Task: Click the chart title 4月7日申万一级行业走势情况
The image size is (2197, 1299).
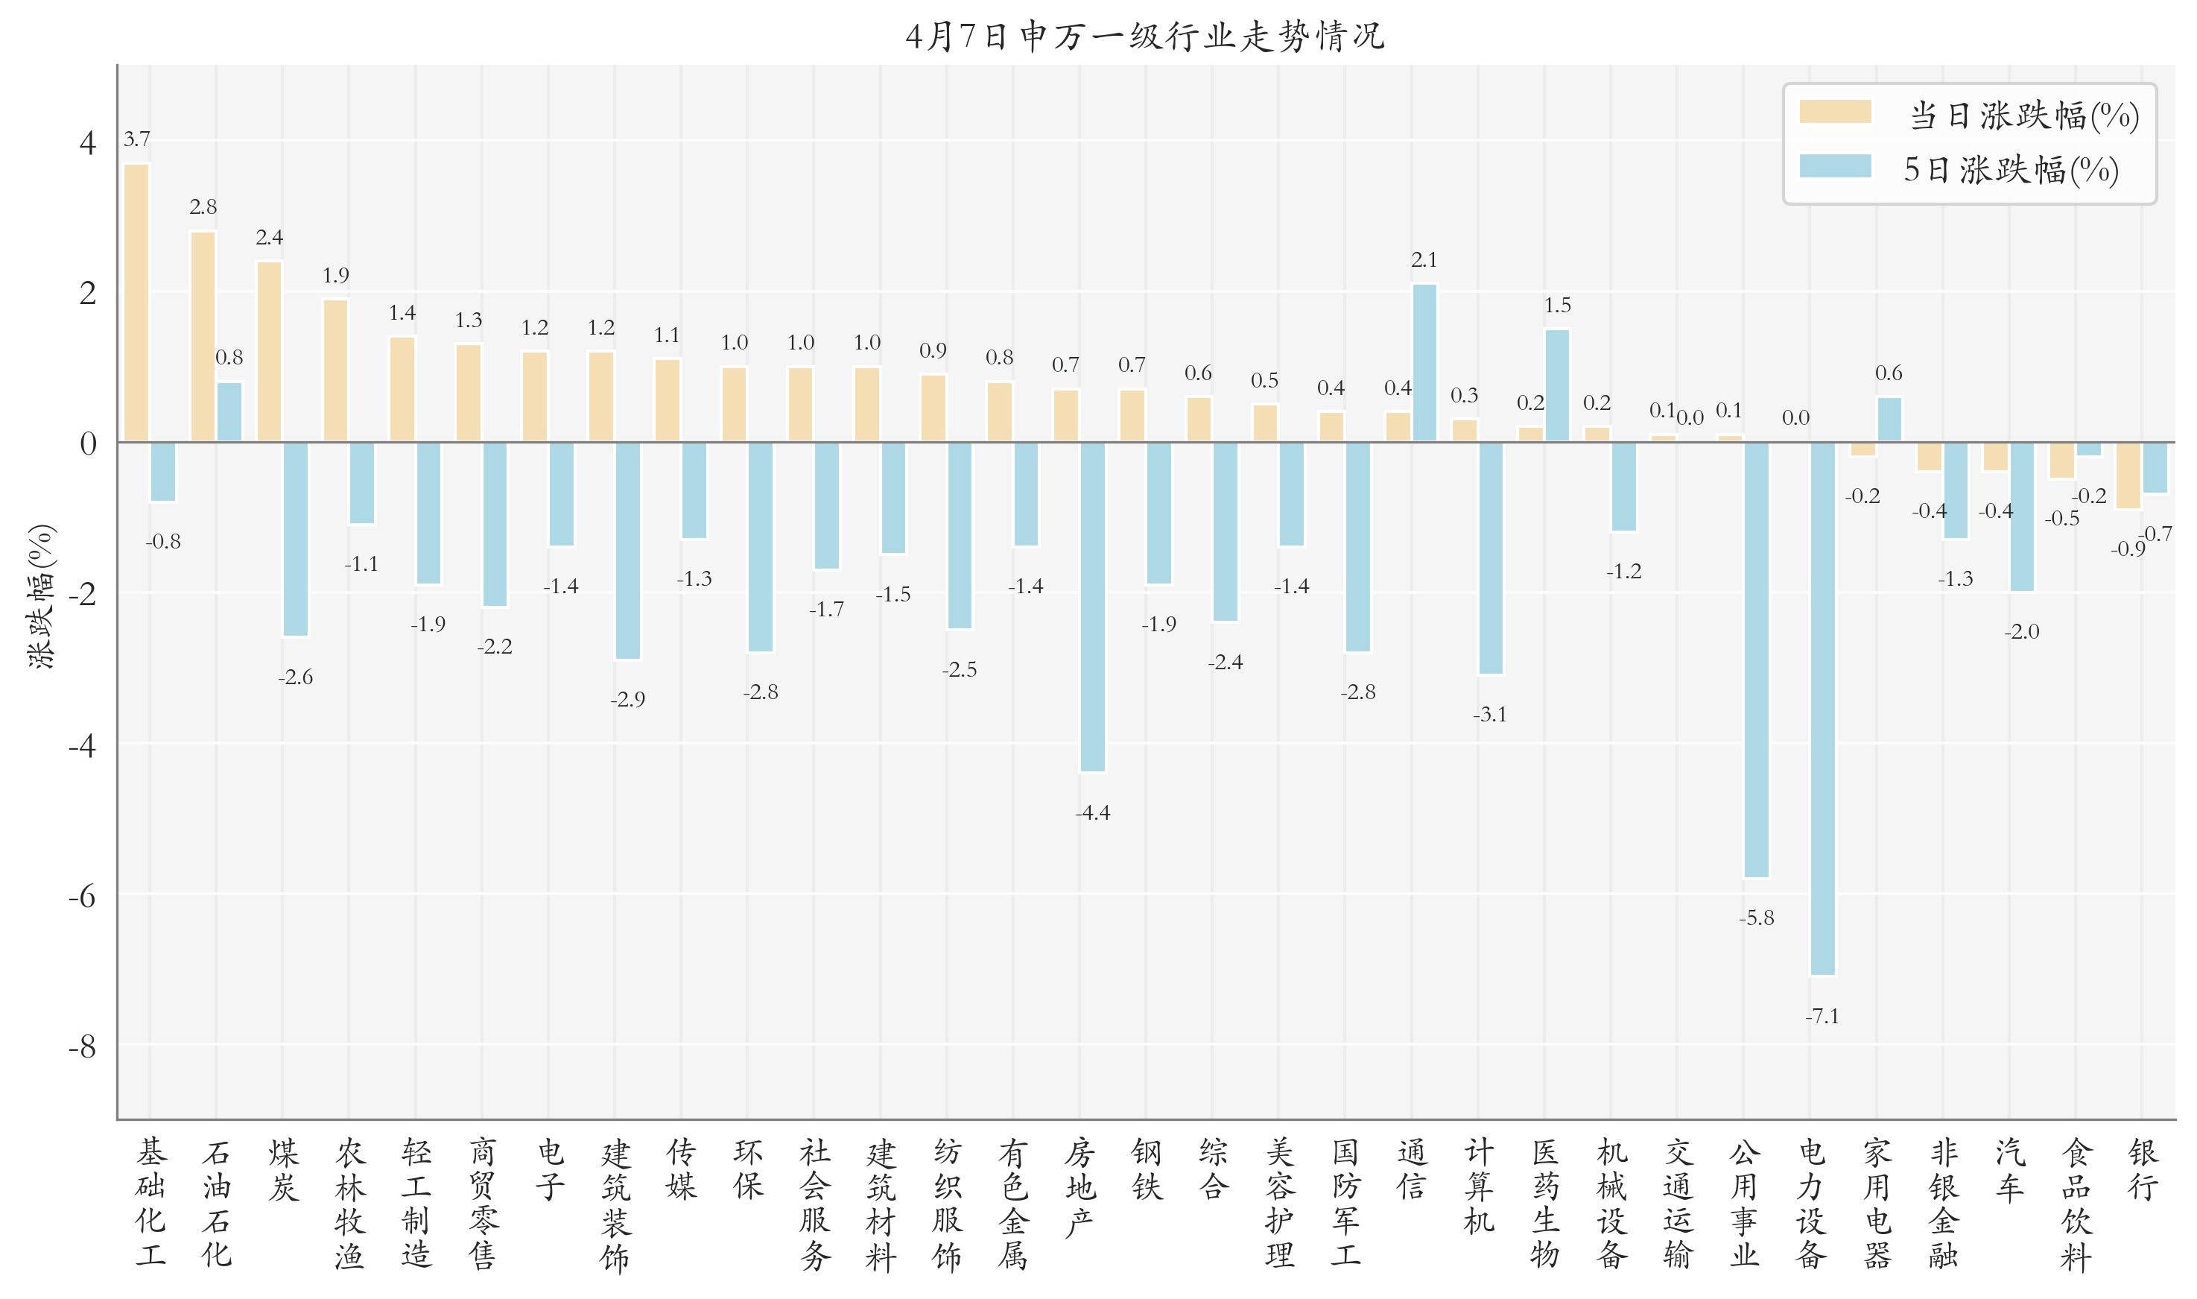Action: point(1144,37)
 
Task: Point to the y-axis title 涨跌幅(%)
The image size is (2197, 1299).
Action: point(41,596)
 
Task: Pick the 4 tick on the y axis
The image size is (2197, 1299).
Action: point(87,142)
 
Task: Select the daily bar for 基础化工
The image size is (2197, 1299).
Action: point(136,303)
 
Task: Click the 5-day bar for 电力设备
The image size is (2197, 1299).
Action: point(1822,708)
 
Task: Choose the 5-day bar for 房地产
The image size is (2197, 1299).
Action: point(1093,607)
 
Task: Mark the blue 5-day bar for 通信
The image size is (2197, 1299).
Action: point(1424,363)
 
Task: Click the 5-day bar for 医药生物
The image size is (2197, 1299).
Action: point(1557,385)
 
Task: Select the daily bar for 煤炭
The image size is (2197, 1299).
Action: point(270,352)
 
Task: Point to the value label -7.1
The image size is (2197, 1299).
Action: point(1822,1017)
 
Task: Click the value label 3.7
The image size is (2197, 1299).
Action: point(136,139)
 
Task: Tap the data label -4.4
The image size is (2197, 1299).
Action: point(1093,813)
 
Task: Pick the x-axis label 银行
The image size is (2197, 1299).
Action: point(2143,1169)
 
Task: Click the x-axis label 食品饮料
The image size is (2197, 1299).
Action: point(2076,1204)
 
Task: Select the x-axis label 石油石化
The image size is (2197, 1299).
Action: point(216,1204)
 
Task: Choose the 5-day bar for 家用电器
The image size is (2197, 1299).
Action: point(1889,420)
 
